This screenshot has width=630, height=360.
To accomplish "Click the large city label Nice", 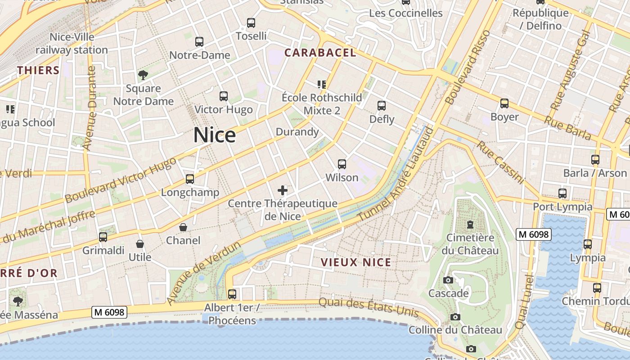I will (x=215, y=135).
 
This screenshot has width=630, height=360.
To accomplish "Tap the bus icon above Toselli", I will (x=251, y=22).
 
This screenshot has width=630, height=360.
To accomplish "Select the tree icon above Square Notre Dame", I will (x=143, y=75).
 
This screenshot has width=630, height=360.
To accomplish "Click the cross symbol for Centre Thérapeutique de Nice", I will (x=283, y=190).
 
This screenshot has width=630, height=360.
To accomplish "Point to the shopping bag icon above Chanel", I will (x=183, y=227).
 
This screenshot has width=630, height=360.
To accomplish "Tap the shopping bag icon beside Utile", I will (x=140, y=244).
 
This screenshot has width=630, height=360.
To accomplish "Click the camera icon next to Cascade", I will (x=448, y=280).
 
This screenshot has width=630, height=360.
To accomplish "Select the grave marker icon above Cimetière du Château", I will (x=470, y=224).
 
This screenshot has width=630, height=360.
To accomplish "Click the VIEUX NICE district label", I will (x=355, y=262).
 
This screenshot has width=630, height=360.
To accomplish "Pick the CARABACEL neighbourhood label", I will (x=320, y=53).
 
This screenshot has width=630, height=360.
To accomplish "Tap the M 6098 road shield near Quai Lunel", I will (x=533, y=234).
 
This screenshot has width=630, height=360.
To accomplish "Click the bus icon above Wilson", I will (x=342, y=164).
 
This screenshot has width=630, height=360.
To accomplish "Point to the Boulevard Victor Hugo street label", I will (x=121, y=180).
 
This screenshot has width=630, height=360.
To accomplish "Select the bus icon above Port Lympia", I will (x=562, y=193).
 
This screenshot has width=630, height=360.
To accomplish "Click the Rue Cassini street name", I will (x=501, y=162).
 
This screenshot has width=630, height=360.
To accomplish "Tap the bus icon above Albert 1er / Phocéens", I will (x=232, y=294).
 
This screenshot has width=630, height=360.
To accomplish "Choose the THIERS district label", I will (x=38, y=70).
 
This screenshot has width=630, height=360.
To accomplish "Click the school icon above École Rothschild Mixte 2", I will (x=321, y=84).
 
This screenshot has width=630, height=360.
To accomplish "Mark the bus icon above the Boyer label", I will (x=504, y=103).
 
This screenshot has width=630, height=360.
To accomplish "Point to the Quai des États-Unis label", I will (x=369, y=308).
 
